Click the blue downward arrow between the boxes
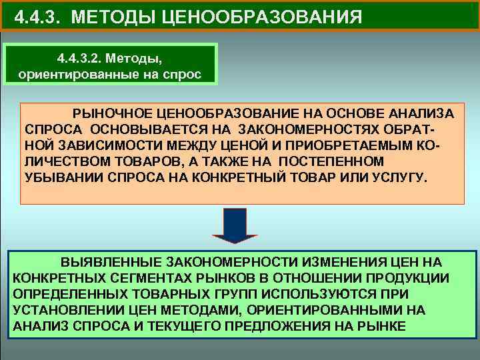tap(234, 224)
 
